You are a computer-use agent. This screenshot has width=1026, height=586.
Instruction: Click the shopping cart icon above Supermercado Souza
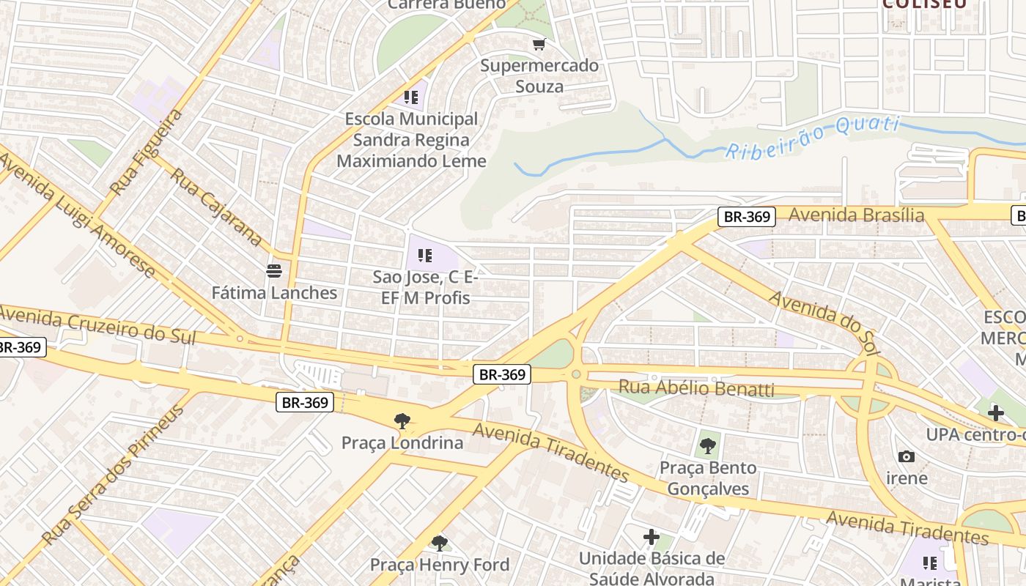tap(539, 45)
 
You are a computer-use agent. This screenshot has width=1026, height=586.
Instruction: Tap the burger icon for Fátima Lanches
tap(274, 271)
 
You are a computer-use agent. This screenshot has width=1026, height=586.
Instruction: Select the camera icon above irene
tap(907, 456)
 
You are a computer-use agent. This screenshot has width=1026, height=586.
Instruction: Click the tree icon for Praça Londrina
tap(402, 420)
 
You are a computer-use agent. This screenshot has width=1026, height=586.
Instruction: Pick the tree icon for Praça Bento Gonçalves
tap(707, 445)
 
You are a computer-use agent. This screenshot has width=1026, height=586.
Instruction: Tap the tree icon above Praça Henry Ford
tap(439, 543)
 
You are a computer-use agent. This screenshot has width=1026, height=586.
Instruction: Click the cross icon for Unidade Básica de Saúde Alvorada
tap(651, 538)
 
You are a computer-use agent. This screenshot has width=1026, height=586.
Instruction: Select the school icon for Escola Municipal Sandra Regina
tap(410, 97)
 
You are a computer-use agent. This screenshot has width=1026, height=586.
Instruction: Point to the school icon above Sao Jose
tap(424, 256)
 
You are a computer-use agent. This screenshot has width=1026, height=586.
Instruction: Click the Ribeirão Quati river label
tap(812, 137)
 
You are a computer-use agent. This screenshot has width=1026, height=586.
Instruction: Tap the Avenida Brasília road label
tap(856, 215)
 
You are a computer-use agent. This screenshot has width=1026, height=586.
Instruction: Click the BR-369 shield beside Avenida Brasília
tap(746, 216)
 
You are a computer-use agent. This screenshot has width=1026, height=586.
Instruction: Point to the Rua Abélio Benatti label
tap(696, 387)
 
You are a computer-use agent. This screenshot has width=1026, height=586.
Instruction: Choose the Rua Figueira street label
tap(146, 152)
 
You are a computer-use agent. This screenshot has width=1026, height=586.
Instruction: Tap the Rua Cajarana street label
tap(217, 207)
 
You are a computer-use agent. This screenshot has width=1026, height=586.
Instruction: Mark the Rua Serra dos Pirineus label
tap(114, 475)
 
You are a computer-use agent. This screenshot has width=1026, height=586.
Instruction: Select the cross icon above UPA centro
tap(995, 413)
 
